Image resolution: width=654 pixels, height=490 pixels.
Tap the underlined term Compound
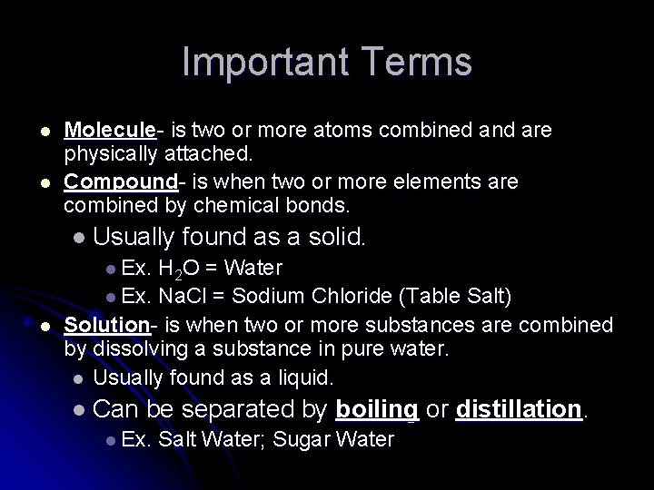click(x=113, y=181)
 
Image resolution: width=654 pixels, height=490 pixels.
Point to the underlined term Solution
click(x=105, y=325)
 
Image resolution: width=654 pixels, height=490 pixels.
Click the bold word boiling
click(x=377, y=409)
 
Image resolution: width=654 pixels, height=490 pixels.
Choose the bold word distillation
click(x=518, y=409)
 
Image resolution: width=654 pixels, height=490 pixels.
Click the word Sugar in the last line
click(x=302, y=440)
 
